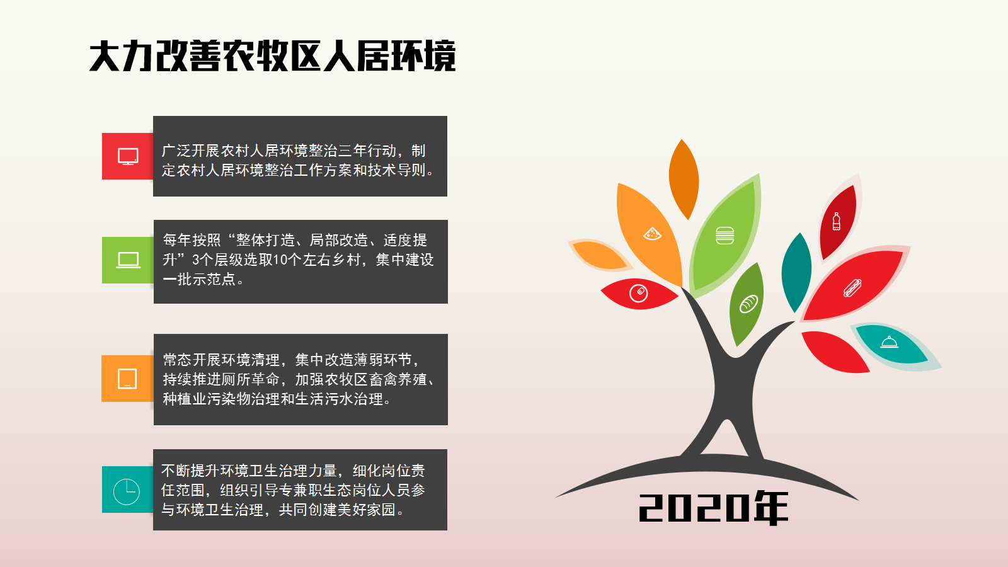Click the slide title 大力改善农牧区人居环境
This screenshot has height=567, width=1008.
click(x=273, y=56)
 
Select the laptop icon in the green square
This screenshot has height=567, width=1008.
click(x=129, y=260)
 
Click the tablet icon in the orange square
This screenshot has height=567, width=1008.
click(x=127, y=379)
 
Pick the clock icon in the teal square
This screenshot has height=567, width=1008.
click(x=127, y=491)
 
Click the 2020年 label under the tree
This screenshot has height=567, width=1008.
click(x=714, y=508)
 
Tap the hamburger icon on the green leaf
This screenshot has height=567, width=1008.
click(x=724, y=236)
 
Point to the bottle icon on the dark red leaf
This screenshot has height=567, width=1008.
click(x=836, y=221)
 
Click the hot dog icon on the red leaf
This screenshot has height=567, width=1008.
click(x=852, y=288)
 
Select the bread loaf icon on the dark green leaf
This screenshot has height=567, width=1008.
click(x=749, y=304)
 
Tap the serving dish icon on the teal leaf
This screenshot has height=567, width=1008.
click(x=889, y=343)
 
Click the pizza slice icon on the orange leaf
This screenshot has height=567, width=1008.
click(x=652, y=234)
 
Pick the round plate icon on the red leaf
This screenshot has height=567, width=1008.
click(x=639, y=294)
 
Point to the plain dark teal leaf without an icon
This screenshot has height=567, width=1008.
click(x=796, y=272)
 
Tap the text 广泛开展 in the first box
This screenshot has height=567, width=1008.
click(x=191, y=151)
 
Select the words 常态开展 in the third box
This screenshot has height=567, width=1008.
click(x=192, y=360)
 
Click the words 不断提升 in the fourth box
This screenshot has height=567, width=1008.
click(x=190, y=471)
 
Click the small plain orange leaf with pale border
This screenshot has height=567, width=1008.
click(x=600, y=255)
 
